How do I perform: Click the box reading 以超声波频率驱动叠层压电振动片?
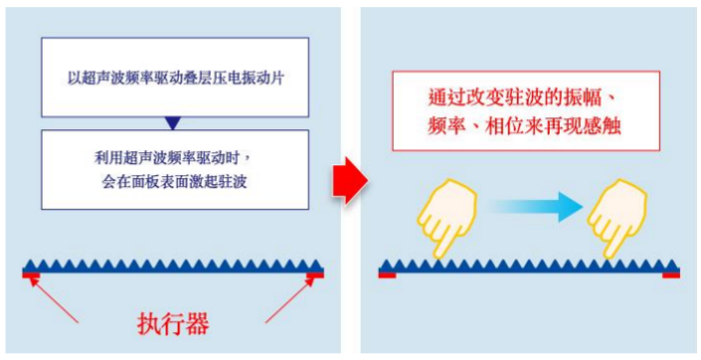click(173, 78)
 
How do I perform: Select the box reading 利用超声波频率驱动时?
click(173, 168)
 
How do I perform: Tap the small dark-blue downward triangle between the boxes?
click(173, 123)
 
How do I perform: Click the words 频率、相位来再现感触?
click(526, 127)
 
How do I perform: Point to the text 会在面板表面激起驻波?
click(173, 181)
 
